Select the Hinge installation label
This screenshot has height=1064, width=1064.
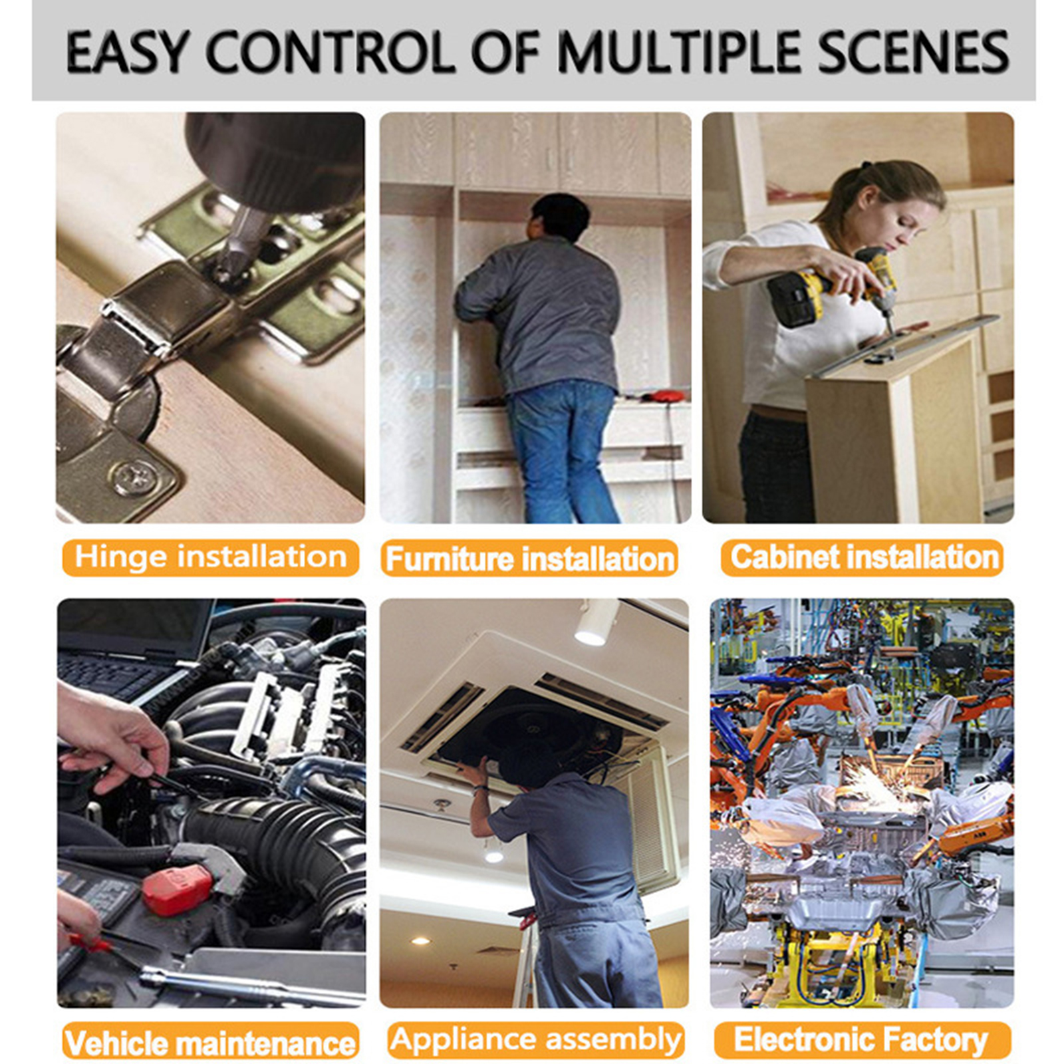210,557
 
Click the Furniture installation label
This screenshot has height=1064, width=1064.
529,558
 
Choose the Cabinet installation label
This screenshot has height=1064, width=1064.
863,557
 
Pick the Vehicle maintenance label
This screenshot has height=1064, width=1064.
210,1041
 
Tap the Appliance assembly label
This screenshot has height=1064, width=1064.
535,1040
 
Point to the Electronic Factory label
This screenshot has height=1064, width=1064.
862,1040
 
